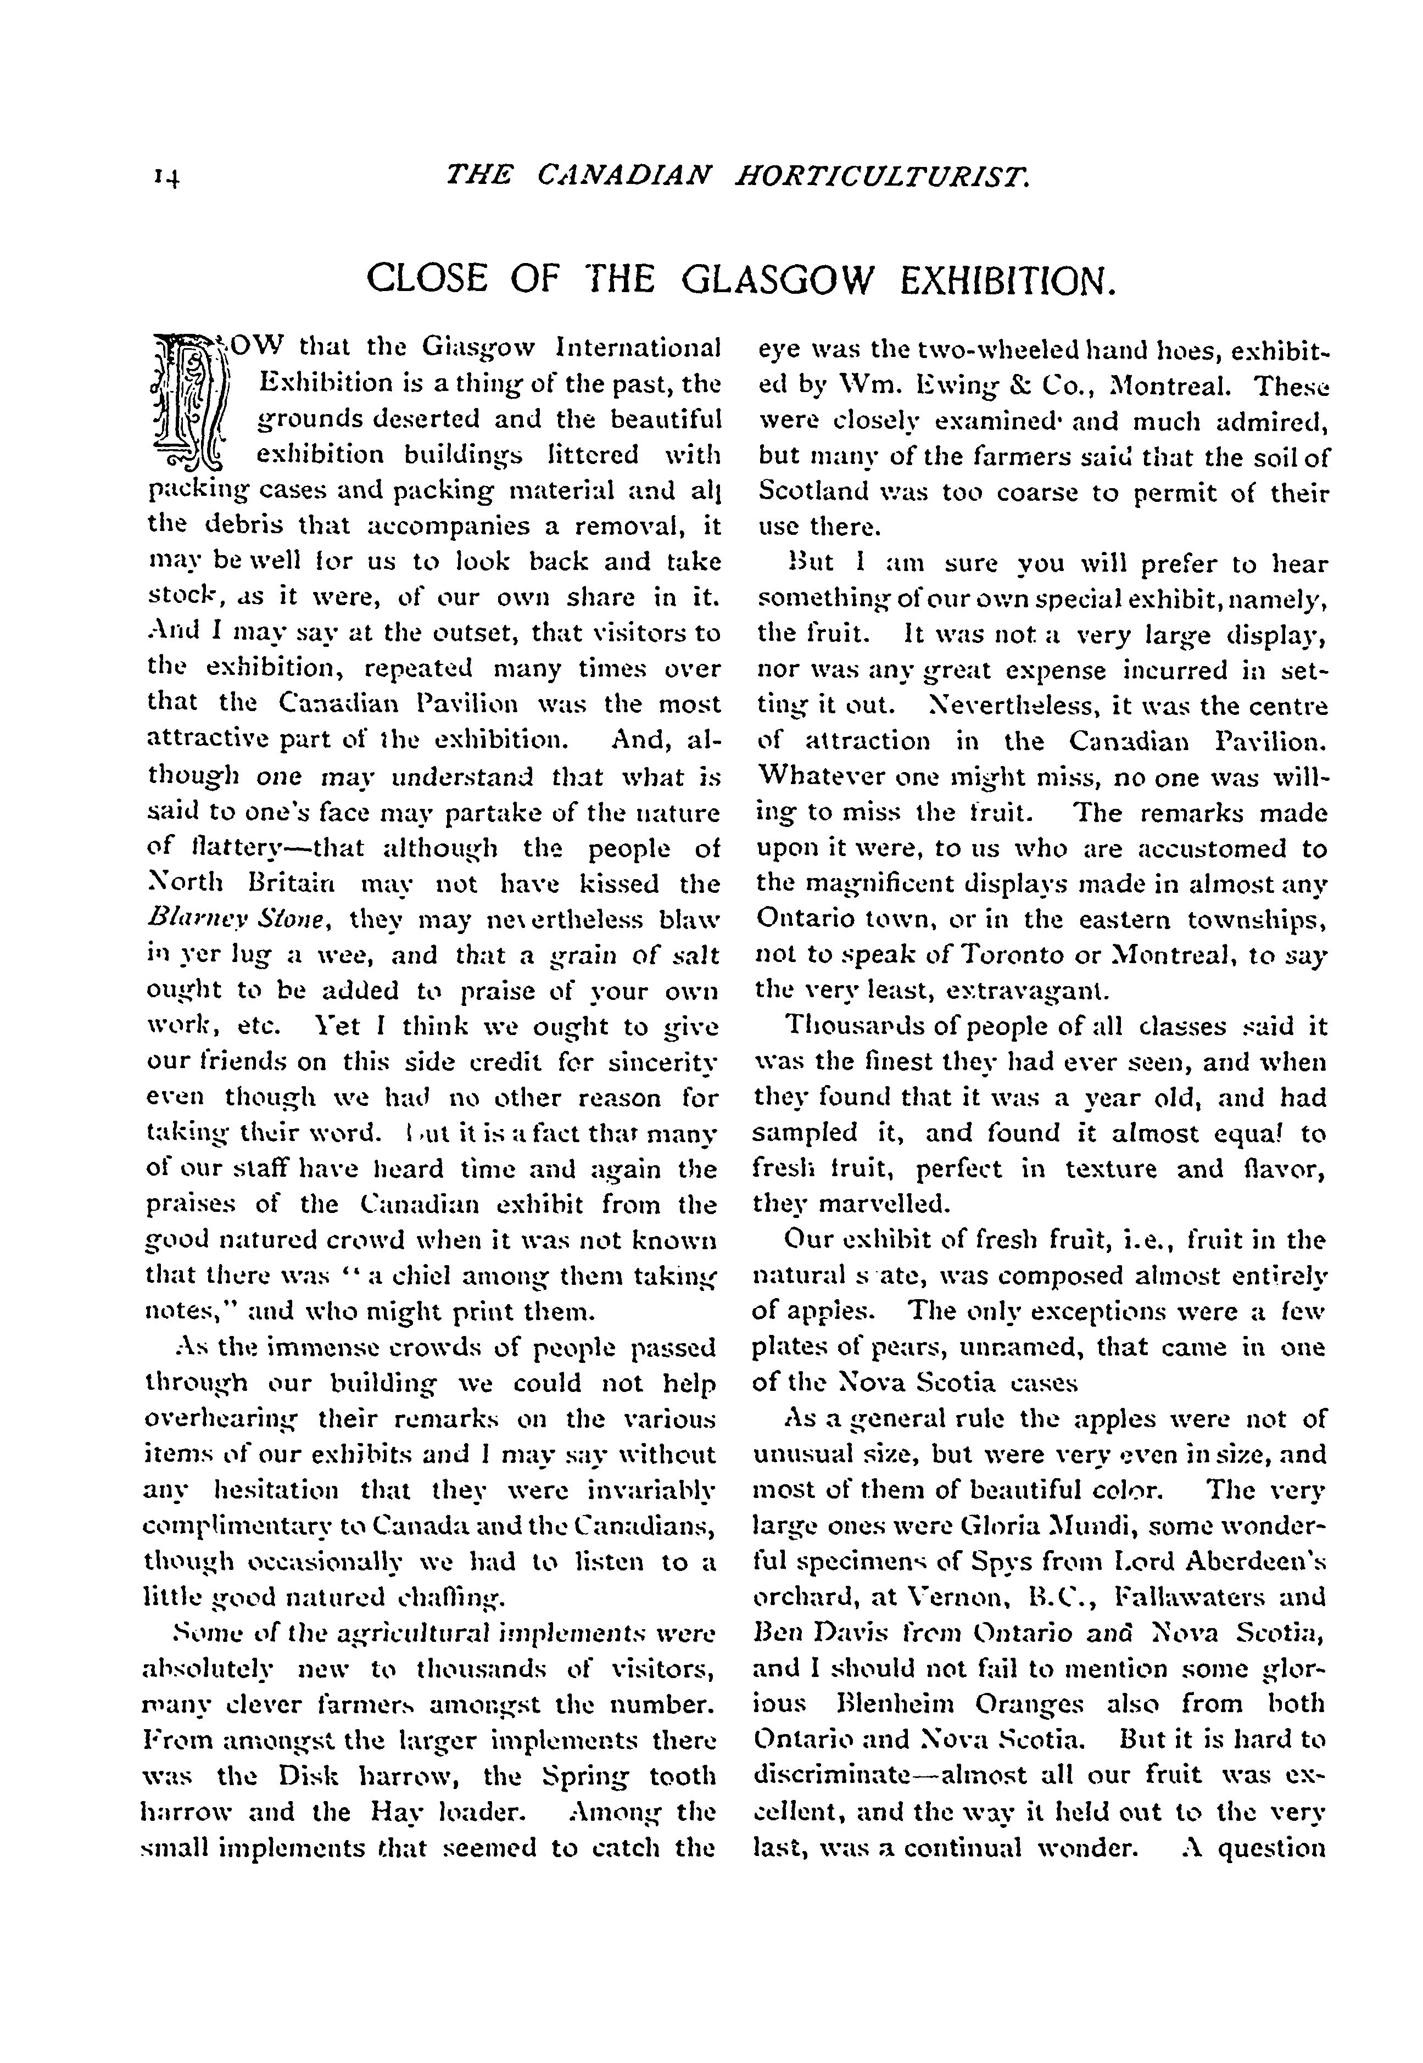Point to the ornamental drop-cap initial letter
coord(192,402)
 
